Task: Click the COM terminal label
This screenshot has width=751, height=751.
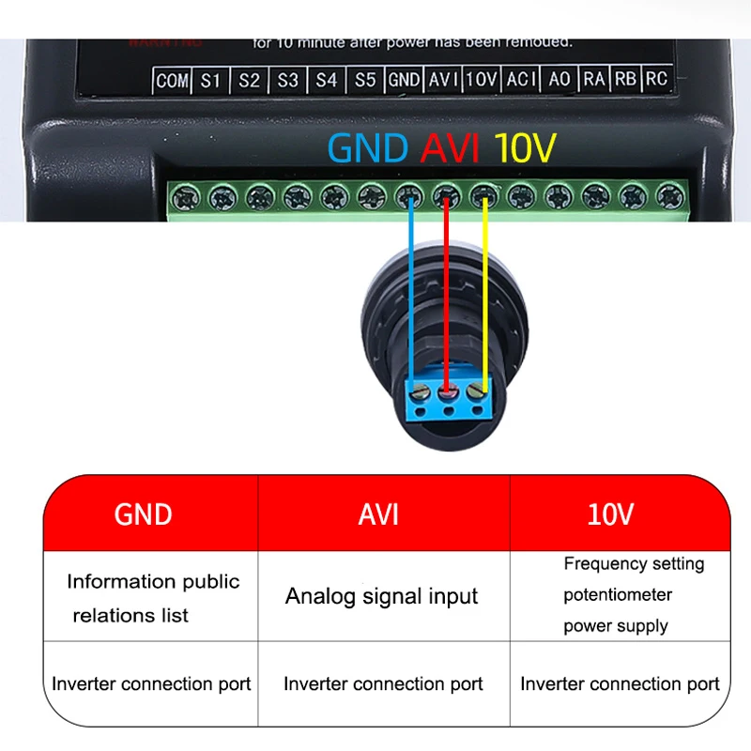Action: pos(172,81)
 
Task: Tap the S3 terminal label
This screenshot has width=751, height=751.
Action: pos(287,81)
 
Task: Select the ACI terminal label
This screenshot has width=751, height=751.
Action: pos(520,80)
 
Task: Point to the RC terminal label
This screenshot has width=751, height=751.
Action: pos(656,79)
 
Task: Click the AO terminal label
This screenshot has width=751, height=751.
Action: pos(559,80)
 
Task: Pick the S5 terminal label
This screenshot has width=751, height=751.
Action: pos(365,81)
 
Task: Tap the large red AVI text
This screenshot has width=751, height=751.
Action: pos(451,148)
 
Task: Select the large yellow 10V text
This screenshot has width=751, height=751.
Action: pos(526,148)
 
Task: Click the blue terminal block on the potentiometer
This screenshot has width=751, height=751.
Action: pos(448,398)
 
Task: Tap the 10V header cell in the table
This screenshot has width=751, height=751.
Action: pos(610,513)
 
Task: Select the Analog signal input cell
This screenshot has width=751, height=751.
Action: pos(382,596)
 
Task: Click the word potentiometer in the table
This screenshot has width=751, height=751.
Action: pos(618,595)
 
